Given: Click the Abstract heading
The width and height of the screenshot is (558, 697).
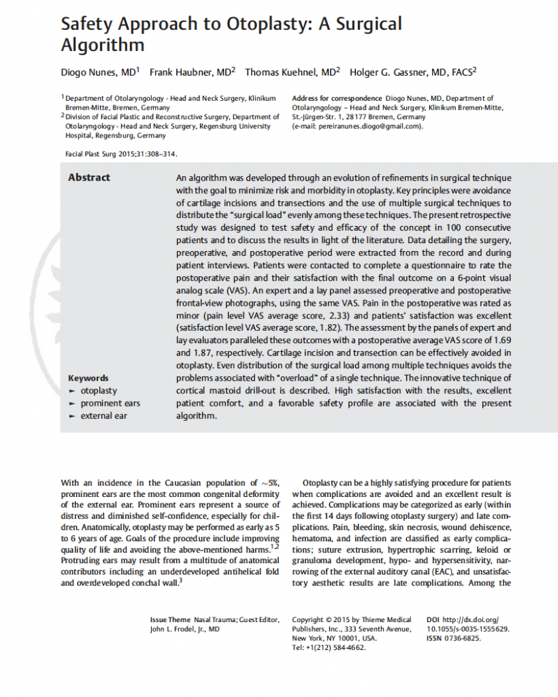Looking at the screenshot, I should pos(88,178).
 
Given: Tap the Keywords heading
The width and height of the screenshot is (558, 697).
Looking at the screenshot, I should pos(88,378).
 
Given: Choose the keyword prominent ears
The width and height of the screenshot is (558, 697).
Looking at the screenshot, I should pos(110,403).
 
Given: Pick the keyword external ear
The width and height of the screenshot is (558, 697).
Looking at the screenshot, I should pos(104,415).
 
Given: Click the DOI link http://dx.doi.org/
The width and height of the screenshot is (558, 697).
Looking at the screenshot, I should pos(471,619).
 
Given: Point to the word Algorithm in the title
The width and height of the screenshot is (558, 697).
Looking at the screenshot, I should pos(103,46).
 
